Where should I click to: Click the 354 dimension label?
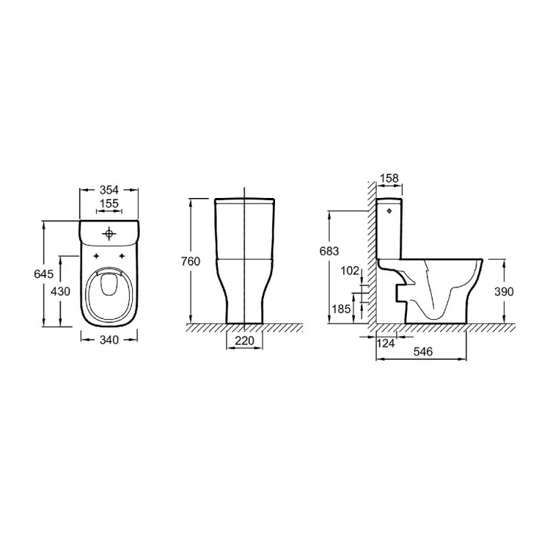[109, 190]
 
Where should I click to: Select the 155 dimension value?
[109, 203]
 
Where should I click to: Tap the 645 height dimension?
[44, 274]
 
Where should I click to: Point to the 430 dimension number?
[60, 291]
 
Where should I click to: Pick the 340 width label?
[109, 340]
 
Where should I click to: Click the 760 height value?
[190, 261]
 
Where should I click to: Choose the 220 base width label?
[245, 340]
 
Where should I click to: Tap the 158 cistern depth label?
[389, 178]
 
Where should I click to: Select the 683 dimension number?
[329, 251]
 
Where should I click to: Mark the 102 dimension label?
[350, 271]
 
